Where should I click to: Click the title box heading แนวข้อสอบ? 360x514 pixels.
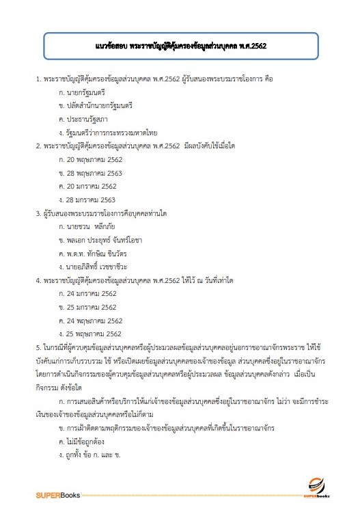[180, 49]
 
